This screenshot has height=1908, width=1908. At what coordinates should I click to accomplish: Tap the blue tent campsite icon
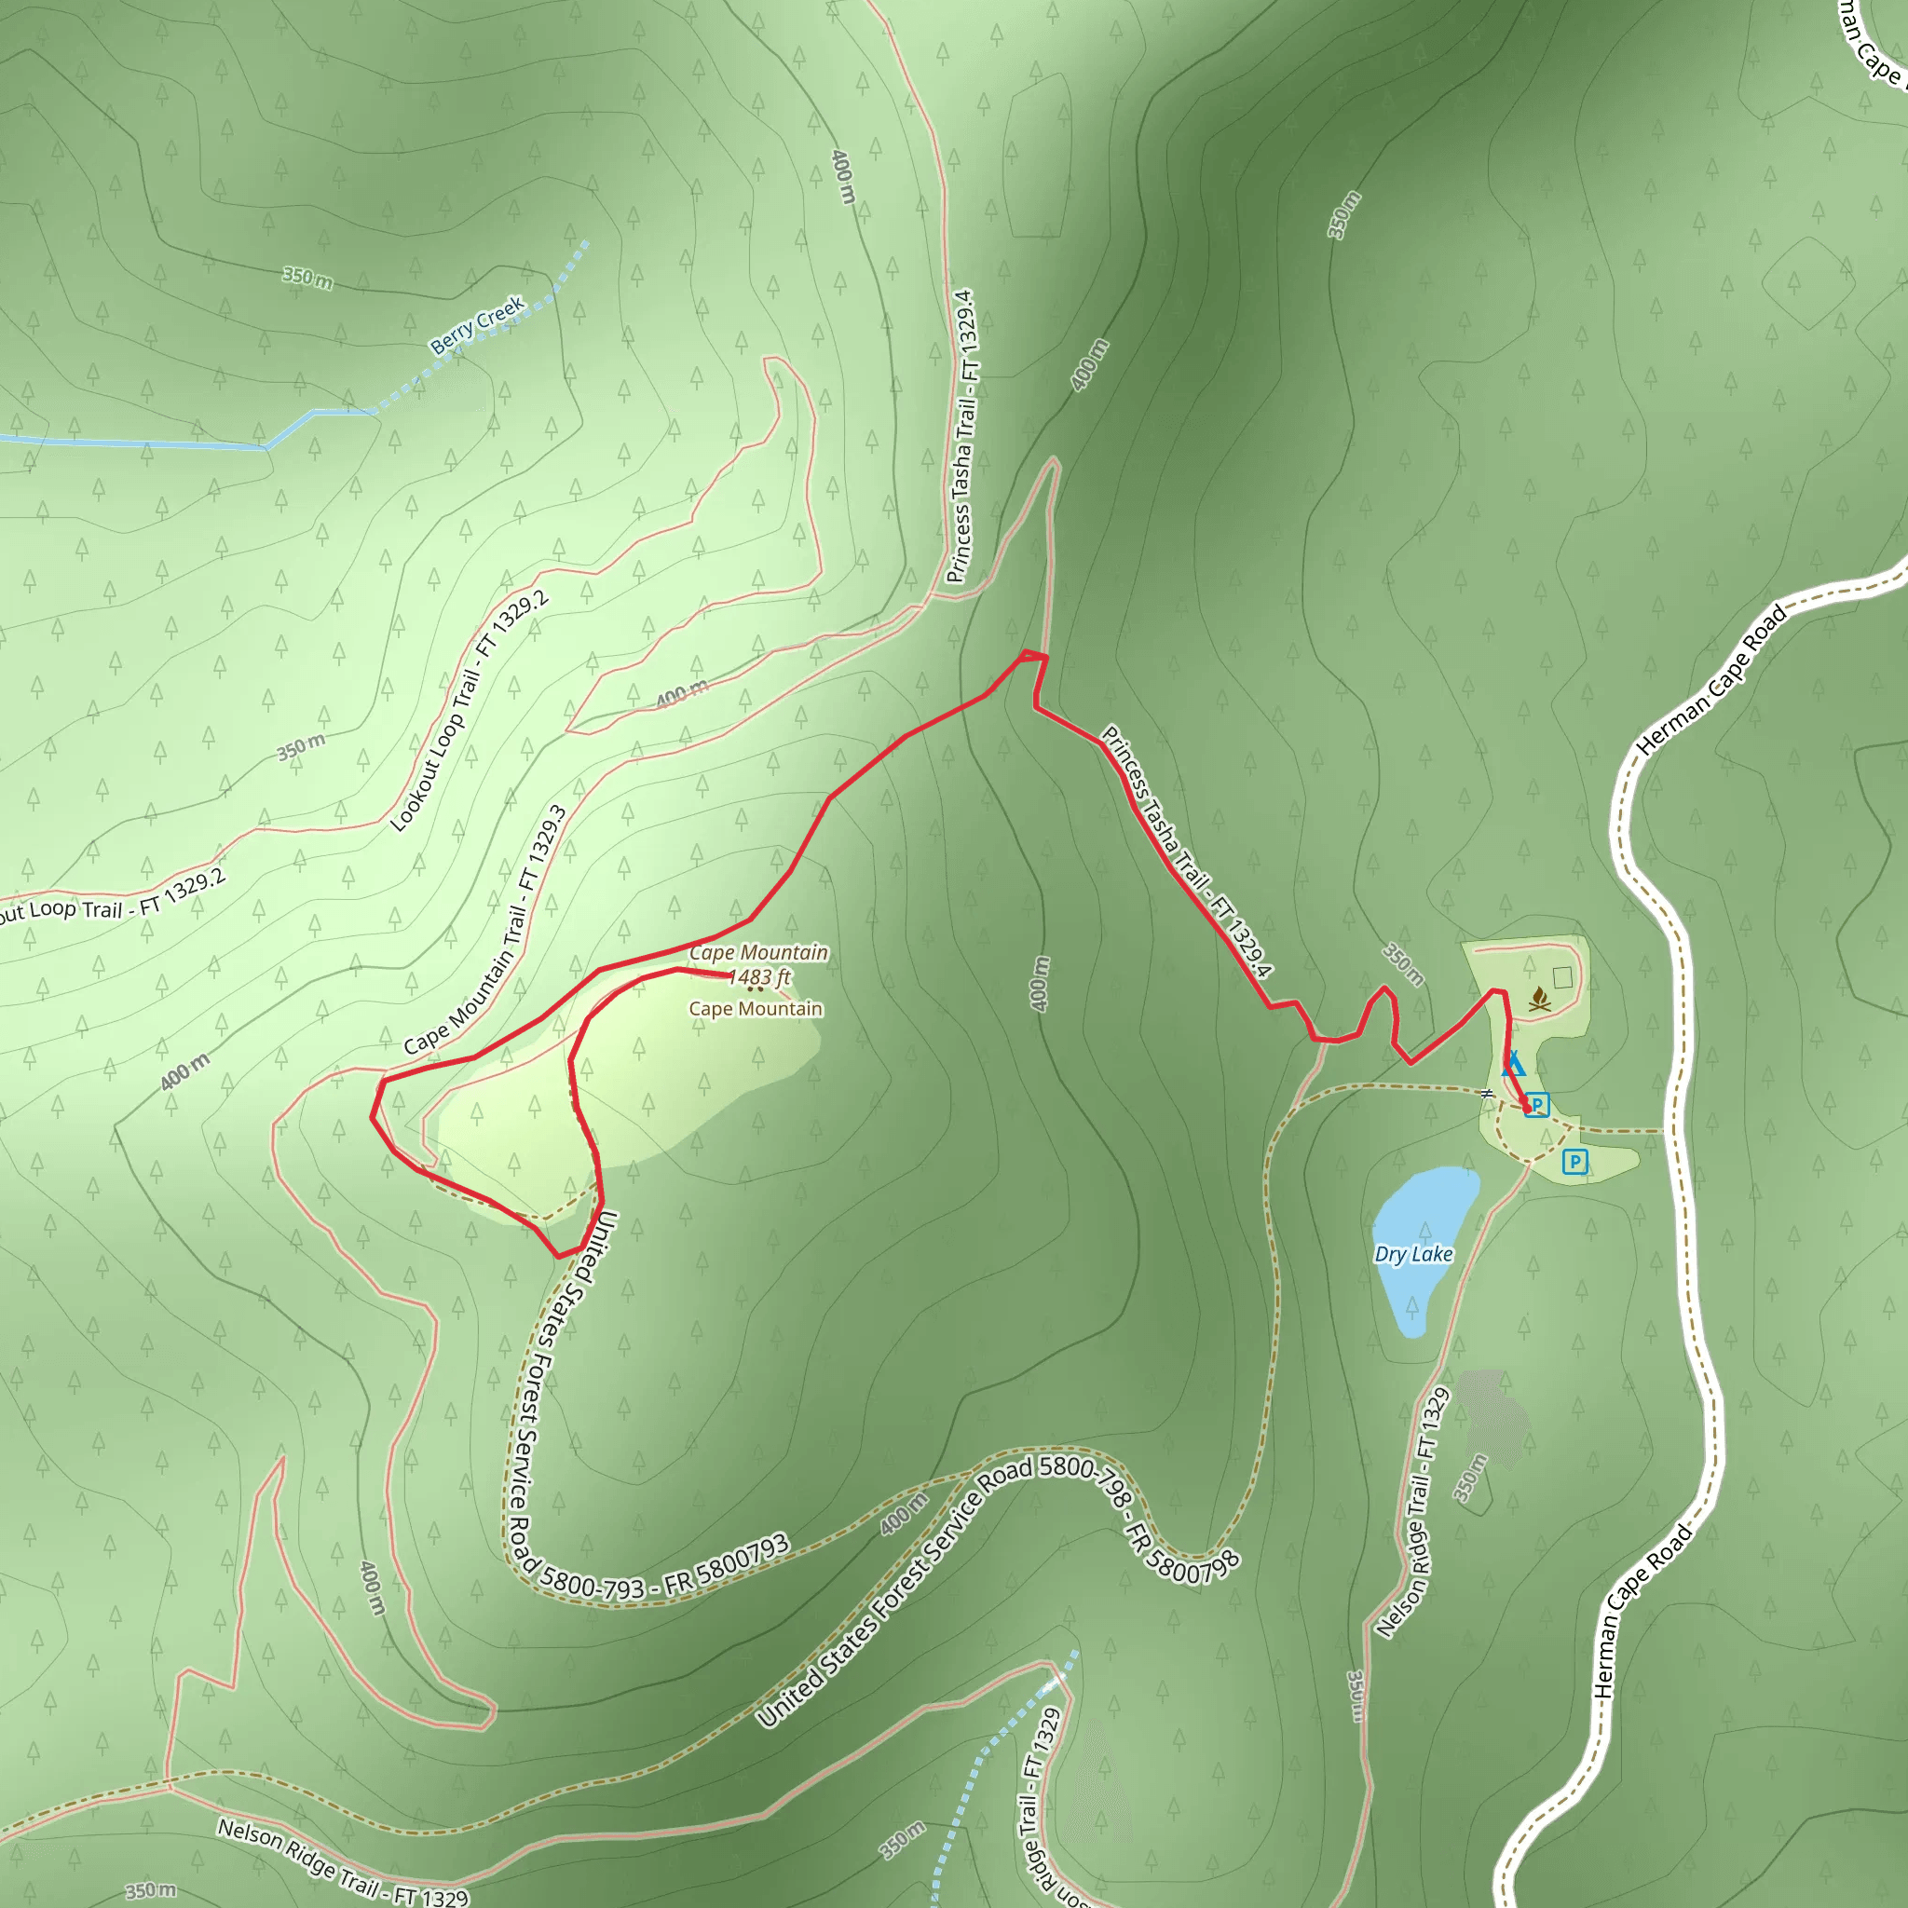tap(1513, 1065)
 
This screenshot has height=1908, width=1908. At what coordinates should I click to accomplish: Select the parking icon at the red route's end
tap(1536, 1104)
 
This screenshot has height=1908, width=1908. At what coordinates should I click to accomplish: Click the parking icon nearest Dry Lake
tap(1575, 1162)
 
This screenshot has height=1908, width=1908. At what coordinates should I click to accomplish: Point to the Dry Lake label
tap(1413, 1254)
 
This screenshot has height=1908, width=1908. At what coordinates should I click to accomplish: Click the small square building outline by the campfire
tap(1562, 976)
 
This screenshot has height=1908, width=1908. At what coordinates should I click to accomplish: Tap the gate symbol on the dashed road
tap(1486, 1093)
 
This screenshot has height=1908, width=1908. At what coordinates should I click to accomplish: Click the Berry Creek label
tap(477, 325)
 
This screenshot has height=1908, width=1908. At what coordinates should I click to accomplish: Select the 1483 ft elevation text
tap(759, 977)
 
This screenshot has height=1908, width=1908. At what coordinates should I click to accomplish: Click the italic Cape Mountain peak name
tap(758, 952)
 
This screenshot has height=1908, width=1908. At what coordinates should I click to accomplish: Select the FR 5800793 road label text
tap(726, 1563)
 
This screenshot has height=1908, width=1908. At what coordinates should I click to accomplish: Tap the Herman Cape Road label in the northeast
tap(1711, 680)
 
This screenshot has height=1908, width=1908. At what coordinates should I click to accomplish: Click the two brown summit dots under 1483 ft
tap(756, 988)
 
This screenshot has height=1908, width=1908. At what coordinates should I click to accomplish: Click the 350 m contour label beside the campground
tap(1402, 965)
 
